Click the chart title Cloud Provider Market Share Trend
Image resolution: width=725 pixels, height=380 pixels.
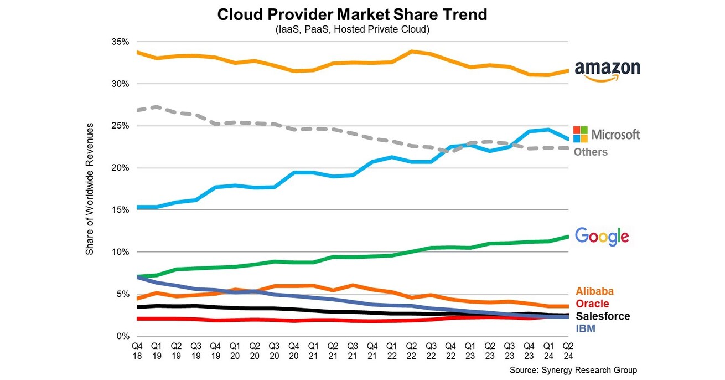pos(352,14)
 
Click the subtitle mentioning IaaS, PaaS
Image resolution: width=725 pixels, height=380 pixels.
pos(352,29)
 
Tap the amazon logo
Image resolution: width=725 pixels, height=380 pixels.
pos(607,70)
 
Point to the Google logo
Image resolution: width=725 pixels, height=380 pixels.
pos(602,237)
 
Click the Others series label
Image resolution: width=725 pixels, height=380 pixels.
pos(590,152)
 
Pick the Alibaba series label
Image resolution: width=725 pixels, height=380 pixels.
pos(595,291)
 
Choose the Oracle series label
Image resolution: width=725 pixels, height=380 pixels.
pos(592,304)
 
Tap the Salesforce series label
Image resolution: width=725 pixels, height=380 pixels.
pos(603,316)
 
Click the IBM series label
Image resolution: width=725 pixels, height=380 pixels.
pos(586,329)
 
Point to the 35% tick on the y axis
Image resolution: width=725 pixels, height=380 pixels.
pos(120,42)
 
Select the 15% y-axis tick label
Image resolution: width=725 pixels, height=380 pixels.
pos(120,210)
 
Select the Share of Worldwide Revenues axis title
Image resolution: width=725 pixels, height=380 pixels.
pos(90,189)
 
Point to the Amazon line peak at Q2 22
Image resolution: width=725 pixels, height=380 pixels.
pos(411,52)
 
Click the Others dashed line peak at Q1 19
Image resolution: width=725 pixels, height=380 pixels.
pos(157,106)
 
